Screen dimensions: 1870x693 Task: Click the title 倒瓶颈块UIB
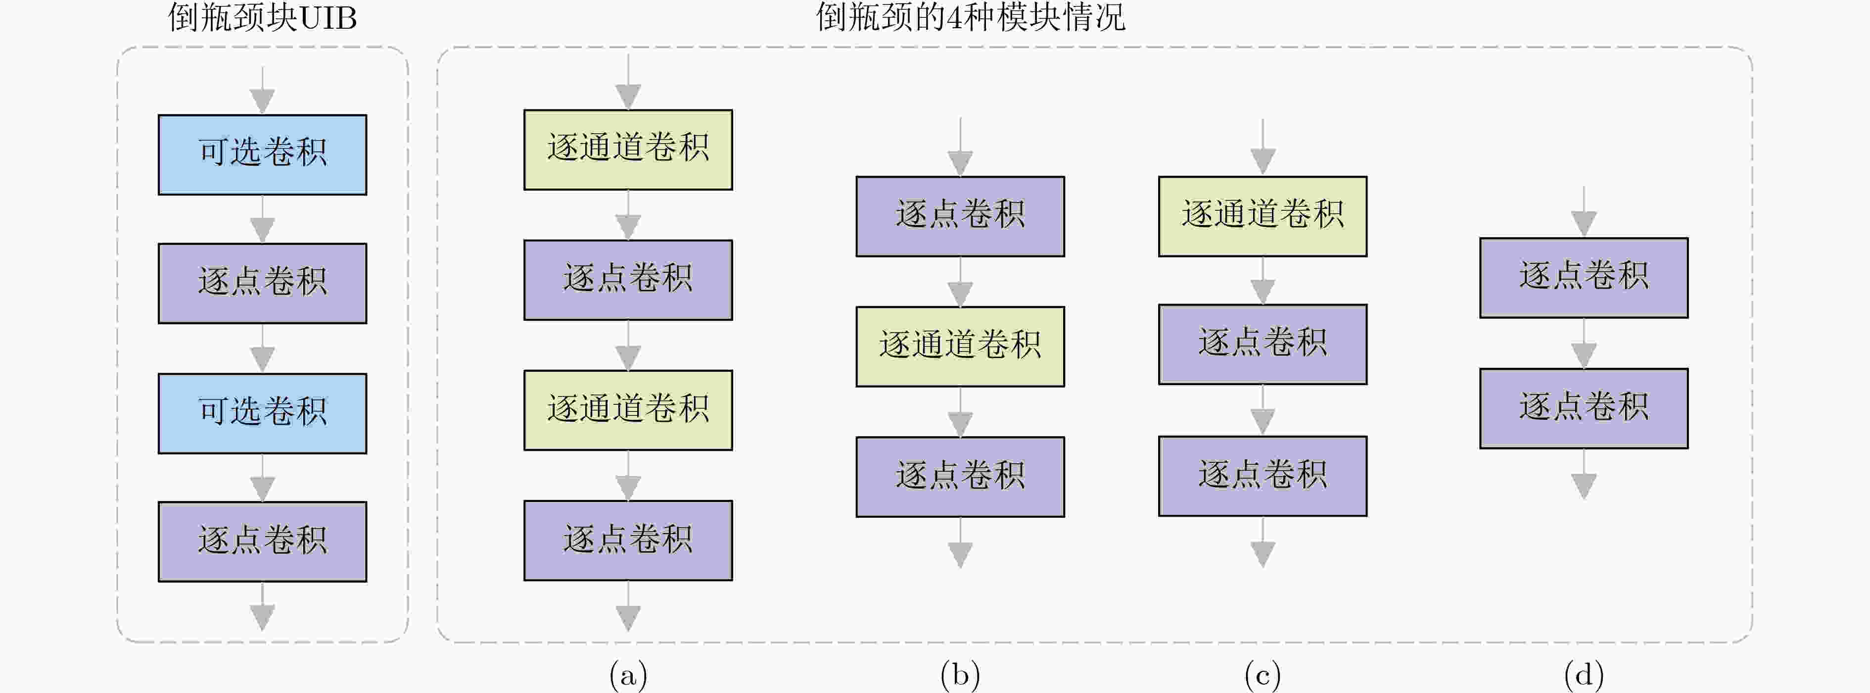point(262,17)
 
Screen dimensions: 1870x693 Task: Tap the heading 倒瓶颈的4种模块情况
point(971,17)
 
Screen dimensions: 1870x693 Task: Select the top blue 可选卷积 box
point(263,155)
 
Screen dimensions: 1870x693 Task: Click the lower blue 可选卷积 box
point(263,413)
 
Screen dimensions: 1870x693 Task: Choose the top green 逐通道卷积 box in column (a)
point(628,149)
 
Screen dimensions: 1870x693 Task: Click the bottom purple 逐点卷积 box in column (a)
point(628,541)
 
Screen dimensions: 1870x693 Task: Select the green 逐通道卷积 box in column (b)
point(960,346)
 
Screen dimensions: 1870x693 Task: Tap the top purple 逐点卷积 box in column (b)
point(960,216)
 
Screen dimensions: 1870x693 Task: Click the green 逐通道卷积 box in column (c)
point(1262,216)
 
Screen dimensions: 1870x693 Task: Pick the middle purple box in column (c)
point(1262,345)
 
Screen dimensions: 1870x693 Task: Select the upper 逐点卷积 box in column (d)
point(1584,278)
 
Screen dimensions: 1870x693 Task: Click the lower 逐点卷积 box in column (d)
point(1584,408)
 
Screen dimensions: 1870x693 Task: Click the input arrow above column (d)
point(1584,211)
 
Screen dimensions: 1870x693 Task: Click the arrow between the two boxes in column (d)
point(1584,343)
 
